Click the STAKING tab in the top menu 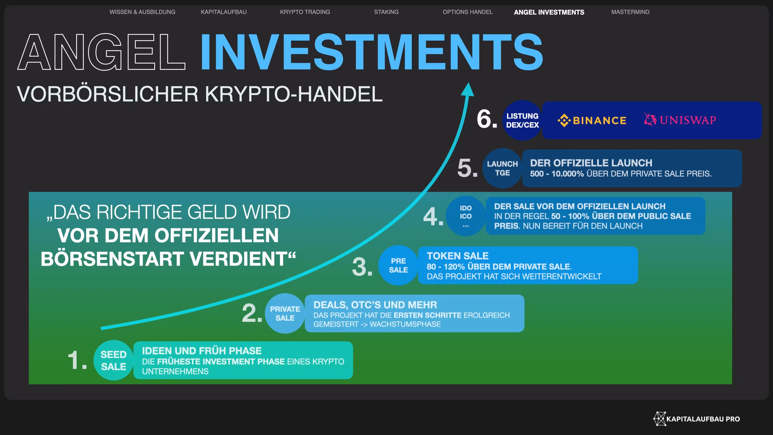(386, 12)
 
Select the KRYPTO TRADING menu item (305, 12)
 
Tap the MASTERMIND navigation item (630, 12)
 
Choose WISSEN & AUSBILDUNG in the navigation (142, 12)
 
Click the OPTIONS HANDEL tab (467, 12)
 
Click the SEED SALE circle (113, 360)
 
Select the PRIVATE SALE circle (285, 313)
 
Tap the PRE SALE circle (398, 265)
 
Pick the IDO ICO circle (466, 216)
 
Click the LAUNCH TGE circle (502, 168)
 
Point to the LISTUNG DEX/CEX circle (522, 120)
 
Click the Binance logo (592, 120)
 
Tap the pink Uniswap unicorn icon (650, 119)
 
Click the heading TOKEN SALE (458, 256)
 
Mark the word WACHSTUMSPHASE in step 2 (405, 324)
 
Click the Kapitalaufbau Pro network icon (660, 419)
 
